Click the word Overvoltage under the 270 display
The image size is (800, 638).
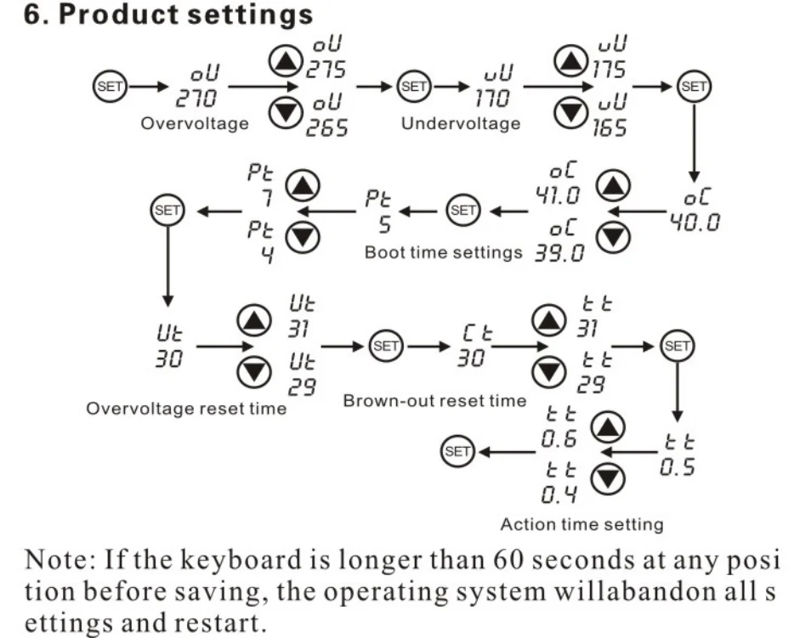[x=195, y=124]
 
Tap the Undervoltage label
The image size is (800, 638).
[x=460, y=124]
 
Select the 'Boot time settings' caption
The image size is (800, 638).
[x=443, y=252]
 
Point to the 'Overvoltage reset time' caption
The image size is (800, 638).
[x=186, y=409]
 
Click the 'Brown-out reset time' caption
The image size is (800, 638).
[x=435, y=400]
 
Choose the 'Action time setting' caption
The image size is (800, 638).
[x=582, y=524]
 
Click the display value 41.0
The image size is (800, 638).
[x=558, y=197]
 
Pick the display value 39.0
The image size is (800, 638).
[x=558, y=252]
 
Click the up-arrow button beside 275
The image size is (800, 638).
[x=285, y=60]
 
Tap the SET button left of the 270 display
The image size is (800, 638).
[x=108, y=86]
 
